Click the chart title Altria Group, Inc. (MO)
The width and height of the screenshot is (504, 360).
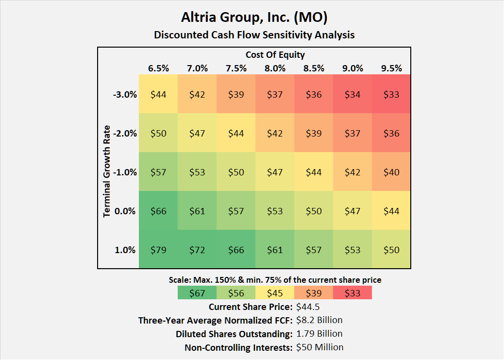254,17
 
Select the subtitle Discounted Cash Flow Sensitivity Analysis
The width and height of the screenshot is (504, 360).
254,35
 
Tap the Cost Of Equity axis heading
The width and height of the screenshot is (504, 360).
275,55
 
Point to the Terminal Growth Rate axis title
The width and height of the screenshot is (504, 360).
107,171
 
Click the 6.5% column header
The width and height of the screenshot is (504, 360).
158,68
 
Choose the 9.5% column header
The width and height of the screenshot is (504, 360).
391,68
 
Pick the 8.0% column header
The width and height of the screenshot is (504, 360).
275,68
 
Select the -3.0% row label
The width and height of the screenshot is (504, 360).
125,94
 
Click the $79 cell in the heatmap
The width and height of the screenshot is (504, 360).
158,250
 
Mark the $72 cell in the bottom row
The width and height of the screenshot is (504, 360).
197,250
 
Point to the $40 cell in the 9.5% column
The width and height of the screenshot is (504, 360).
391,172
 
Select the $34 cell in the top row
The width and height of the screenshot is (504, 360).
353,94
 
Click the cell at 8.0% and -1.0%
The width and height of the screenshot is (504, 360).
275,172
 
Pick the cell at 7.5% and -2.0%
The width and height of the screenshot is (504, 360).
236,133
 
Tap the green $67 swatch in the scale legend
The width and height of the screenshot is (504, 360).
197,292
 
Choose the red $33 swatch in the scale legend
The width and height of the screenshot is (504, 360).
353,292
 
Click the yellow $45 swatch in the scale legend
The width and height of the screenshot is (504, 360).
275,292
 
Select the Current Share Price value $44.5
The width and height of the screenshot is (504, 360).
307,307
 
